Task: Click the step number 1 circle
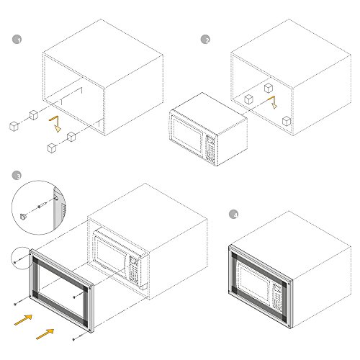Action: point(17,40)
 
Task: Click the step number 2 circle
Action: point(205,40)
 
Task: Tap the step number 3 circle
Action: point(17,176)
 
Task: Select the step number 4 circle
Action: point(233,215)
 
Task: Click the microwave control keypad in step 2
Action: point(210,150)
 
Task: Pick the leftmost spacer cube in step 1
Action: point(14,126)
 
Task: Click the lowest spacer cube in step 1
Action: point(52,148)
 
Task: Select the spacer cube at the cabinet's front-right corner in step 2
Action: point(287,121)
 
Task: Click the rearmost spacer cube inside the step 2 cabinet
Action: point(269,88)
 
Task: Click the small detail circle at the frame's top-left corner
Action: point(21,258)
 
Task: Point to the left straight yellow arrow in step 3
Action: point(23,320)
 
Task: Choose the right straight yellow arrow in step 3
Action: point(45,334)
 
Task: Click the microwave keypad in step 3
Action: point(133,269)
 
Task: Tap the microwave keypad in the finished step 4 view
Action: point(276,297)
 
